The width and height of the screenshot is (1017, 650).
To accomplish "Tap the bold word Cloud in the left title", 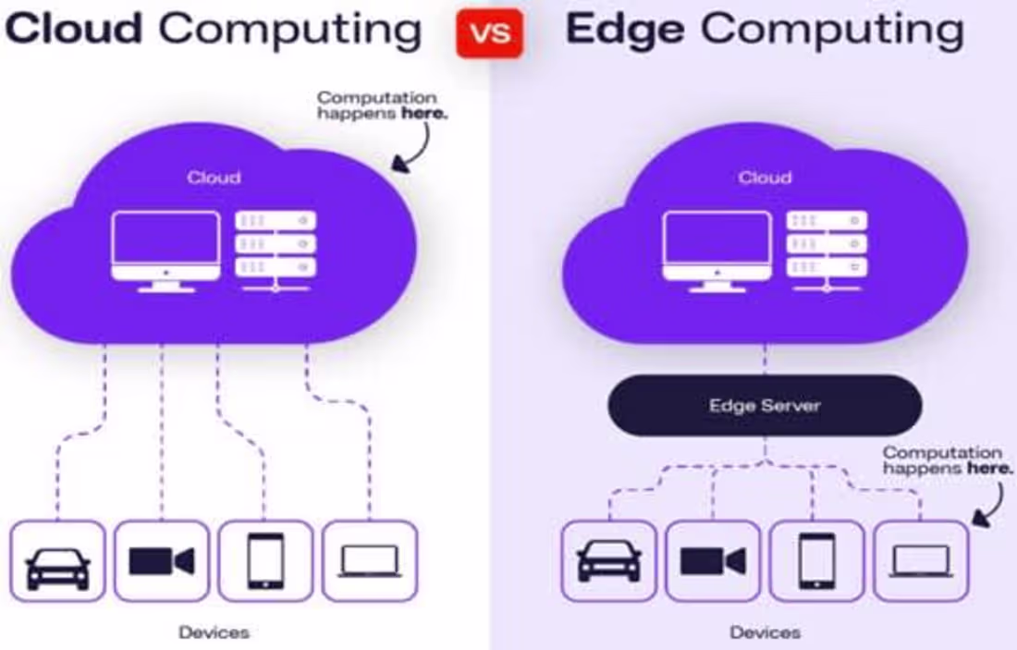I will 74,30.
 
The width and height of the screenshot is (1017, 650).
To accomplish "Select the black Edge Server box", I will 765,405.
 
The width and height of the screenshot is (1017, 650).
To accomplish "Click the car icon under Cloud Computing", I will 58,562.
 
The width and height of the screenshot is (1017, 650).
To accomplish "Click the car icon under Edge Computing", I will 609,562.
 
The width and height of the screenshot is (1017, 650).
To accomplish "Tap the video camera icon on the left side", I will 162,561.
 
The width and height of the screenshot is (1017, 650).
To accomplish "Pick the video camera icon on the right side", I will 713,561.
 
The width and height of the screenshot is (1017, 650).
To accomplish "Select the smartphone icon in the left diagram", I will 265,561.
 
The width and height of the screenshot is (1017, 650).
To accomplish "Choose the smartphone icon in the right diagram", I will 816,561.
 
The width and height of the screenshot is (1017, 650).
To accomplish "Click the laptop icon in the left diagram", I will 370,562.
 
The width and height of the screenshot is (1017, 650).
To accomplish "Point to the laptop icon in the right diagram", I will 921,562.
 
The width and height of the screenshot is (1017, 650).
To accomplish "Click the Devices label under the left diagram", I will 214,632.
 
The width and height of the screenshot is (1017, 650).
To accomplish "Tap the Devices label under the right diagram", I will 765,632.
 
